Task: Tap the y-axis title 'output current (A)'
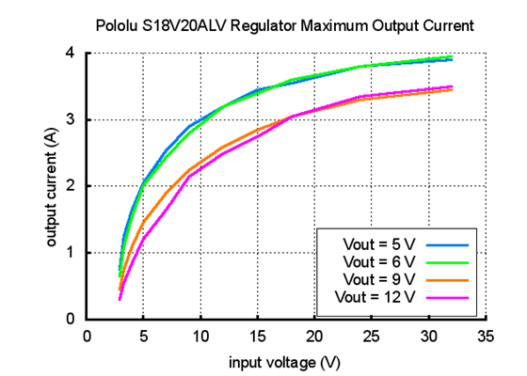tap(53, 187)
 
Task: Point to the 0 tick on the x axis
tap(87, 335)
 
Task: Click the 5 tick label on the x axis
tap(143, 335)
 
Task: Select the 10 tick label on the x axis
tap(200, 335)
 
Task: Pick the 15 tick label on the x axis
tap(258, 335)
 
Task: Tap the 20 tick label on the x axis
tap(314, 335)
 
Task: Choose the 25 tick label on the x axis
tap(372, 335)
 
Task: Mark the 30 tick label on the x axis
tap(429, 335)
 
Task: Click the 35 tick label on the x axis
tap(486, 335)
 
